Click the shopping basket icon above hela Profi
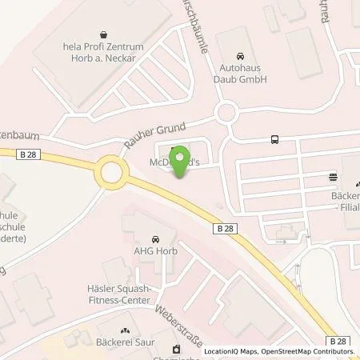pos(105,35)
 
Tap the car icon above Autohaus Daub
pos(243,45)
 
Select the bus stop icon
pos(275,139)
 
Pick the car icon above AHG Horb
pos(155,237)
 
